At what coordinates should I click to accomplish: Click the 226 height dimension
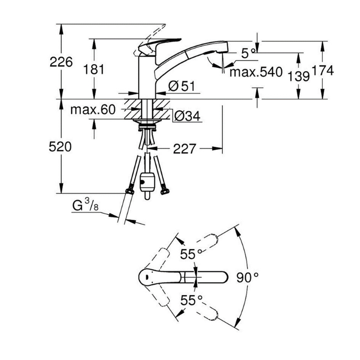[61, 62]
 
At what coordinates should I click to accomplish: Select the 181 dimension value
[93, 69]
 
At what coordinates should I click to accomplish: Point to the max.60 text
[93, 110]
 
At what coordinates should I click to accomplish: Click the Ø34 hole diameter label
[187, 116]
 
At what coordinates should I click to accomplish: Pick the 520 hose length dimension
[61, 146]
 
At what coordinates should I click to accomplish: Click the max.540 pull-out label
[256, 72]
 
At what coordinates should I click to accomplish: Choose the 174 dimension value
[323, 71]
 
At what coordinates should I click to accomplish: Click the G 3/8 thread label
[85, 206]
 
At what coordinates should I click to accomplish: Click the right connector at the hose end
[165, 190]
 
